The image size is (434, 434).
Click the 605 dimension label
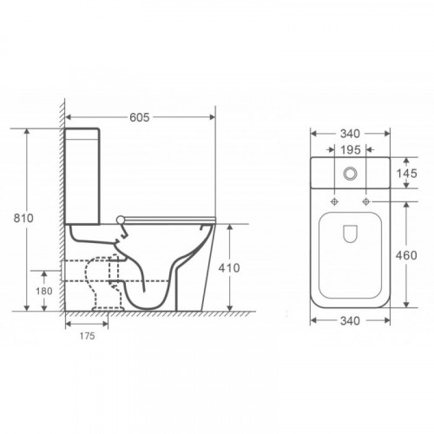pyautogui.click(x=140, y=117)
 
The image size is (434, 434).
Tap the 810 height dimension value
pyautogui.click(x=23, y=218)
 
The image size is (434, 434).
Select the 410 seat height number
pyautogui.click(x=229, y=268)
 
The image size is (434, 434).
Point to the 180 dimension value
pyautogui.click(x=44, y=291)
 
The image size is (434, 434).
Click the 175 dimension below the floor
pyautogui.click(x=88, y=336)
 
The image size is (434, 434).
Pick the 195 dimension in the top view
pyautogui.click(x=351, y=150)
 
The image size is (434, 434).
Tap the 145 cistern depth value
pyautogui.click(x=406, y=174)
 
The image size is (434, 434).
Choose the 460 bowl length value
pyautogui.click(x=406, y=255)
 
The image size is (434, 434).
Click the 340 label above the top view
pyautogui.click(x=350, y=134)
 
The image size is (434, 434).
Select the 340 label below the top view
pyautogui.click(x=350, y=321)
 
